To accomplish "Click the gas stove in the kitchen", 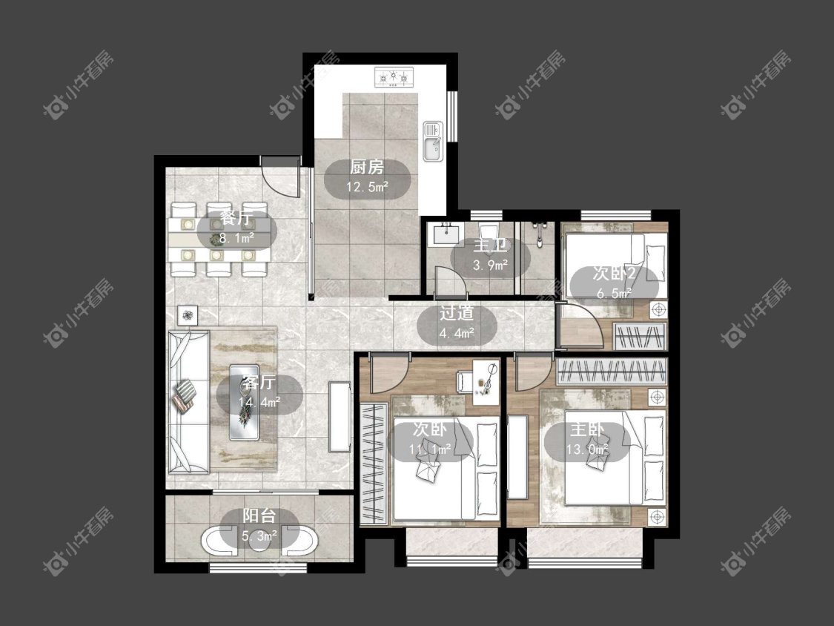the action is click(394, 77).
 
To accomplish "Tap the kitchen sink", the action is click(432, 141).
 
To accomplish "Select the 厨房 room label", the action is click(367, 167).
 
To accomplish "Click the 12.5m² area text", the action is click(367, 187).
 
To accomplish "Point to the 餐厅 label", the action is click(236, 219).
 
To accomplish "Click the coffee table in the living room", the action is click(244, 402).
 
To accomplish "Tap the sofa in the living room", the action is click(188, 402).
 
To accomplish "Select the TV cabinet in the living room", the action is click(340, 417).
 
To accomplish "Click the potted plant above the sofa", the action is click(188, 315).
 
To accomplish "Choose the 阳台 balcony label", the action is click(259, 515).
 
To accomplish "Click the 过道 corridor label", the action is click(457, 313).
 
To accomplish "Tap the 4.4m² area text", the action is click(457, 333).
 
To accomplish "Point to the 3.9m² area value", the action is click(490, 265).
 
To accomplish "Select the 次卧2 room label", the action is click(614, 274).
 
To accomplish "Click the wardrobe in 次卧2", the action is click(639, 337).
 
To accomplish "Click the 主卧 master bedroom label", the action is click(586, 429).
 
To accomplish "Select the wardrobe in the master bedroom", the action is click(611, 371).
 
